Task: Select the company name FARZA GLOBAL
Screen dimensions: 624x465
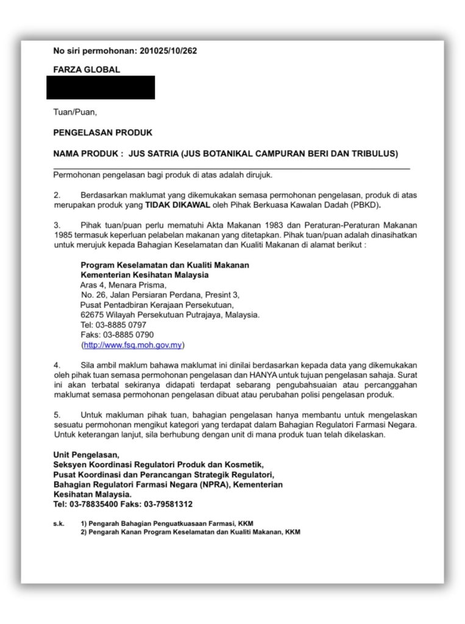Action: (87, 70)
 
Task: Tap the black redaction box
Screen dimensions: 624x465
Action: (101, 88)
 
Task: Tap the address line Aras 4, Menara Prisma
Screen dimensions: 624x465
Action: (123, 285)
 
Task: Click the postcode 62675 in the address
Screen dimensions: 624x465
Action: (92, 315)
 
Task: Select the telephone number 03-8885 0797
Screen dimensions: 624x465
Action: (121, 325)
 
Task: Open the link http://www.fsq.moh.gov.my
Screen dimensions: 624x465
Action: (133, 345)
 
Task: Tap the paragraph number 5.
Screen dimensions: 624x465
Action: (56, 414)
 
